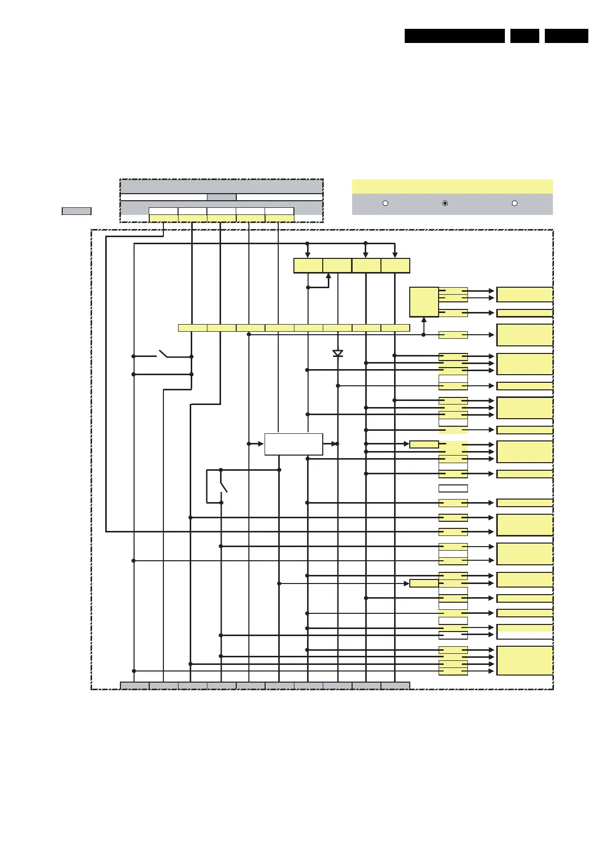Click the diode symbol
(338, 353)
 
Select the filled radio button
(445, 203)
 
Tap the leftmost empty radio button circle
(385, 203)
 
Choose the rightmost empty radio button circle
(514, 203)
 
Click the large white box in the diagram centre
(293, 444)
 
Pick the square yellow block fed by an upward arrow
(424, 302)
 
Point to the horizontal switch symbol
(163, 353)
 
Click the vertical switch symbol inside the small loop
(223, 486)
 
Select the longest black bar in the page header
(454, 36)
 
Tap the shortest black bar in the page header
(525, 36)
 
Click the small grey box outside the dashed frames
(76, 211)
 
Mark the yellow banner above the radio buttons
(452, 186)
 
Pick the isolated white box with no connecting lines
(453, 488)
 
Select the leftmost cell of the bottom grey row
(135, 686)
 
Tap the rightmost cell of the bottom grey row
(395, 686)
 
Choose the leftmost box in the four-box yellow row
(308, 265)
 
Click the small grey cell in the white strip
(222, 197)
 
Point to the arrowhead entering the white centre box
(261, 444)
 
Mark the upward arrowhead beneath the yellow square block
(424, 320)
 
